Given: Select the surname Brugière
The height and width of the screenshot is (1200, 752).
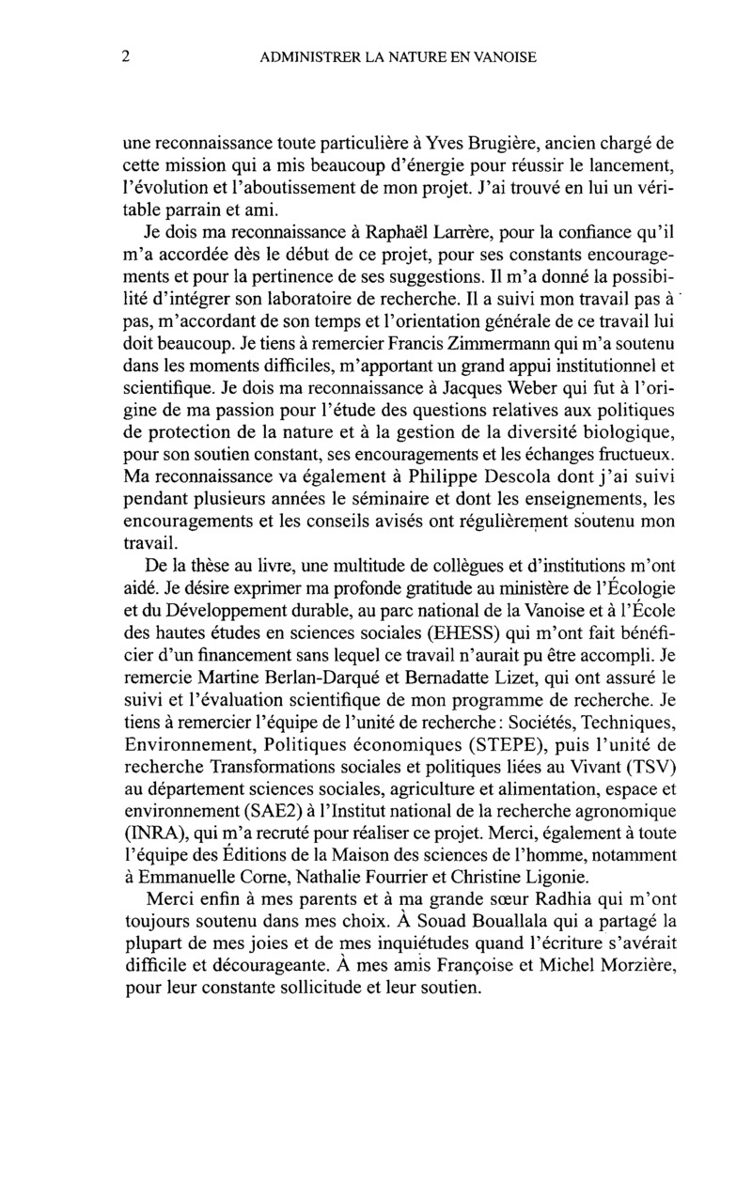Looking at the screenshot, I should coord(485,143).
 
